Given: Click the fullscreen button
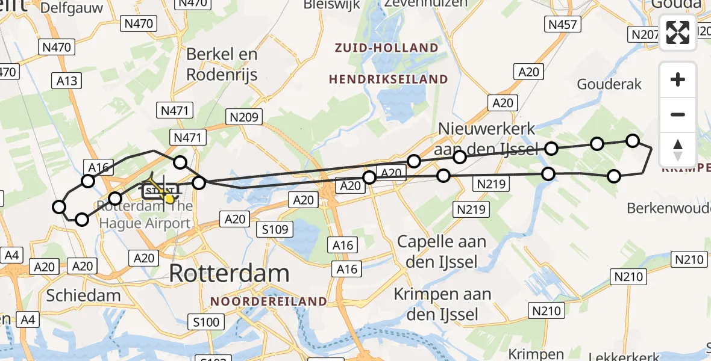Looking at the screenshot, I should pyautogui.click(x=678, y=32).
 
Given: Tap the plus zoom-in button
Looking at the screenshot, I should pyautogui.click(x=678, y=79).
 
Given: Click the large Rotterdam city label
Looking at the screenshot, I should pyautogui.click(x=229, y=274).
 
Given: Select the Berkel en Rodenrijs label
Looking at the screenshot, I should pyautogui.click(x=222, y=64).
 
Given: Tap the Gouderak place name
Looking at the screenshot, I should pyautogui.click(x=609, y=84).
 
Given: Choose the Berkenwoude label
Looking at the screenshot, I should pyautogui.click(x=668, y=208).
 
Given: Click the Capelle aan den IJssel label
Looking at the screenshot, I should pyautogui.click(x=442, y=251).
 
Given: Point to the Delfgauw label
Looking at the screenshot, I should pyautogui.click(x=73, y=8).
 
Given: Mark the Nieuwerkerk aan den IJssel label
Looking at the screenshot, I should pyautogui.click(x=487, y=138).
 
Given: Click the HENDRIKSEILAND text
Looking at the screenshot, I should pyautogui.click(x=388, y=79).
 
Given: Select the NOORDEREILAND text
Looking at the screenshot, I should pyautogui.click(x=269, y=301).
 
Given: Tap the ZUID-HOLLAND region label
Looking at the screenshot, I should pyautogui.click(x=387, y=48).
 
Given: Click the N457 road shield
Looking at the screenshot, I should pyautogui.click(x=562, y=25).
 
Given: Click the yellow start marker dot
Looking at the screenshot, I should pyautogui.click(x=169, y=199).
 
